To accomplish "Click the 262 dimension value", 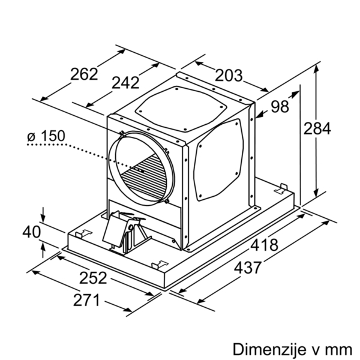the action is (x=84, y=74).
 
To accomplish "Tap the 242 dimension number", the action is (x=125, y=83).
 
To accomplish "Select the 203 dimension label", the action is (x=229, y=76).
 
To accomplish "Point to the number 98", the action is (x=280, y=107).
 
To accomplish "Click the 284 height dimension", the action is (x=317, y=128).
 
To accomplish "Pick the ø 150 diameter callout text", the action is (x=46, y=136).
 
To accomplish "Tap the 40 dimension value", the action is (x=32, y=232).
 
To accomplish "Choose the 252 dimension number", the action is (x=93, y=278).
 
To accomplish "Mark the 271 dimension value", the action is (x=86, y=300).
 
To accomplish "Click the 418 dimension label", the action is (x=264, y=245).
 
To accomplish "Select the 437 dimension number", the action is (x=247, y=268).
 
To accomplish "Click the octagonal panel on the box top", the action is (x=181, y=108).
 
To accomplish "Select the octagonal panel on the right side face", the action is (x=218, y=160).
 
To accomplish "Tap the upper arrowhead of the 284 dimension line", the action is (x=316, y=68).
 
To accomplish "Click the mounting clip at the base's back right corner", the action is (x=281, y=188).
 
